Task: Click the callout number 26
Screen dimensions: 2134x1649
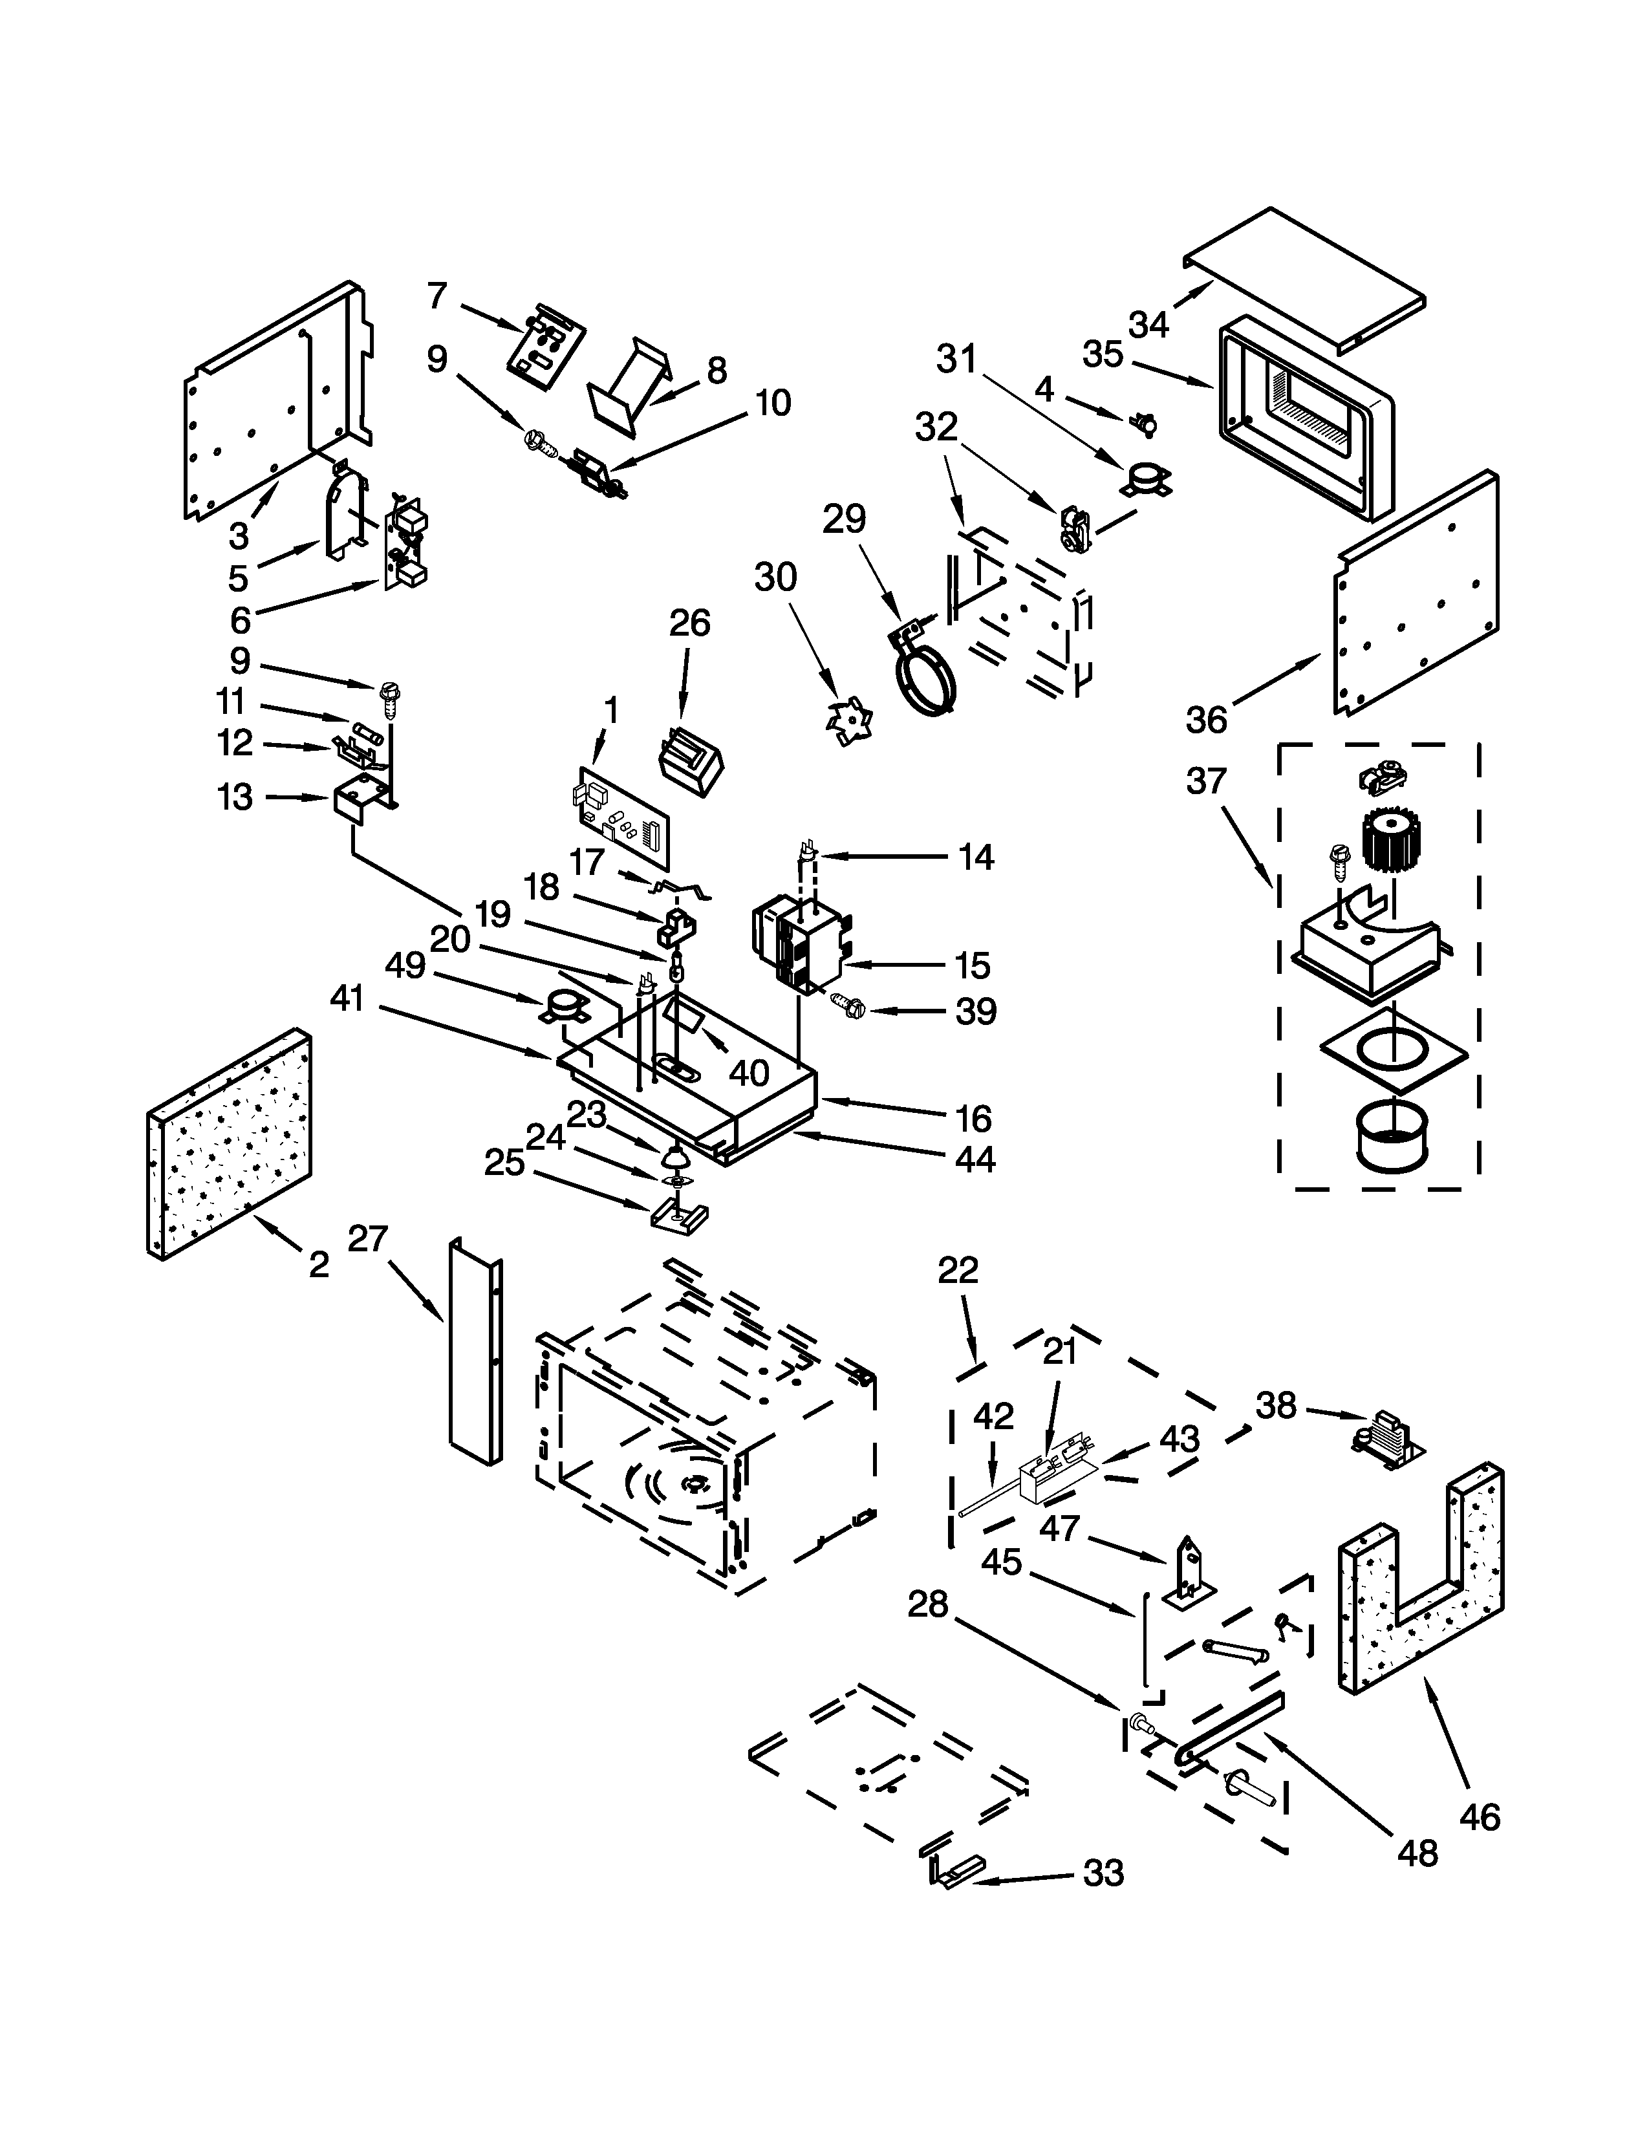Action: coord(690,622)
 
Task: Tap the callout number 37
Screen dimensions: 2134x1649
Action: coord(1205,782)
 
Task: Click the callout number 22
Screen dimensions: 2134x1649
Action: coord(957,1270)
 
